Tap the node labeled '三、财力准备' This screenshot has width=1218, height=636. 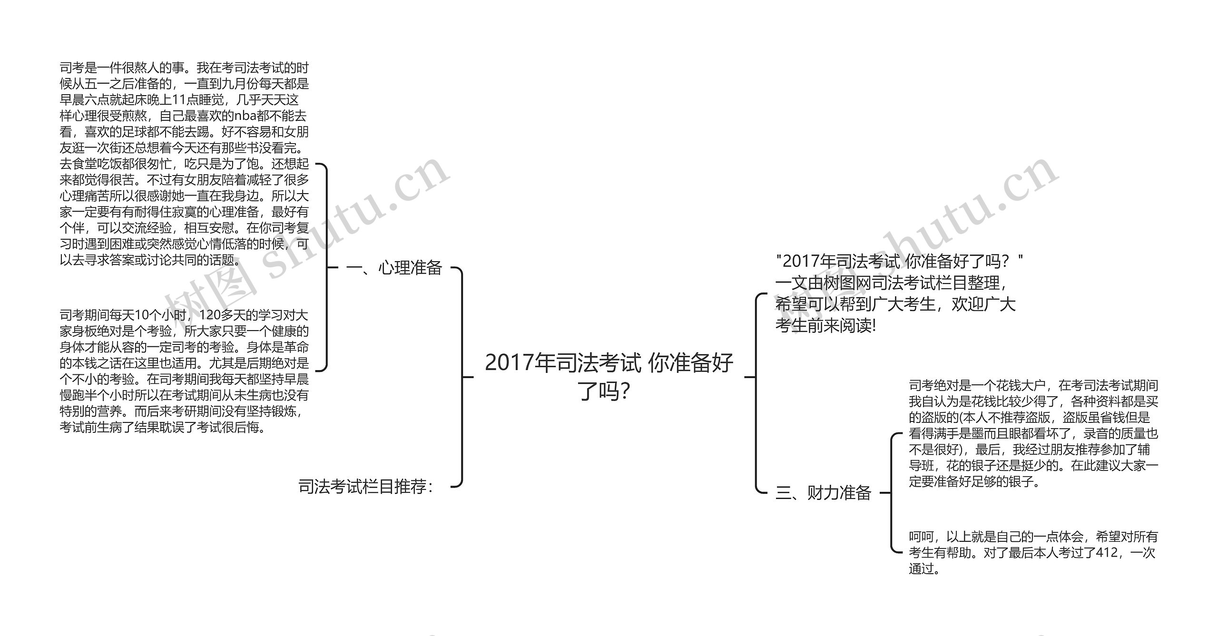tap(823, 492)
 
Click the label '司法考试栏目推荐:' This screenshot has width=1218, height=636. tap(365, 487)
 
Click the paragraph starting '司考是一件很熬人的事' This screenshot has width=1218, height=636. tap(184, 164)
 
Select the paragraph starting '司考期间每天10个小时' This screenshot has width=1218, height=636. tap(184, 371)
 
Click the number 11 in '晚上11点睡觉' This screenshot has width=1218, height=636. tap(180, 100)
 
